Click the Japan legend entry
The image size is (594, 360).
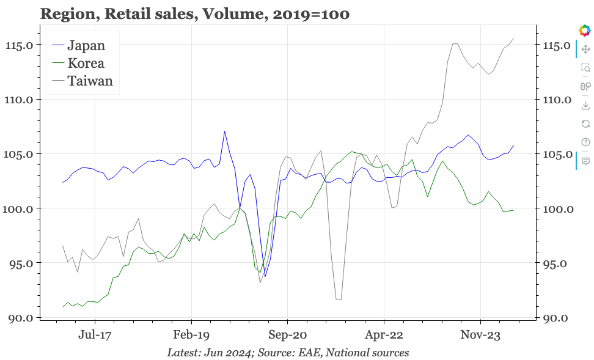86,45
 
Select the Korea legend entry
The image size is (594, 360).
86,63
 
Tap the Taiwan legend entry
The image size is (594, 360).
90,81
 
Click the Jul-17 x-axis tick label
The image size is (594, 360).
95,334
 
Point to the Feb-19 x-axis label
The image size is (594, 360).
191,334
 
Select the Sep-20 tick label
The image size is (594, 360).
287,334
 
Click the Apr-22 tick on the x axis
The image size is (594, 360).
384,334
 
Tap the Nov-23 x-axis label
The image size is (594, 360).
480,334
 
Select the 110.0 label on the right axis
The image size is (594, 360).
555,100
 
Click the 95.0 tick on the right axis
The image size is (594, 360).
557,263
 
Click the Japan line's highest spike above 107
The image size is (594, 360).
225,131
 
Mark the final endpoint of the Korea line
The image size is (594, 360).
513,210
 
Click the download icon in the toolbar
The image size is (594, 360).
585,106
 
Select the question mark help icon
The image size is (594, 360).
585,142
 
